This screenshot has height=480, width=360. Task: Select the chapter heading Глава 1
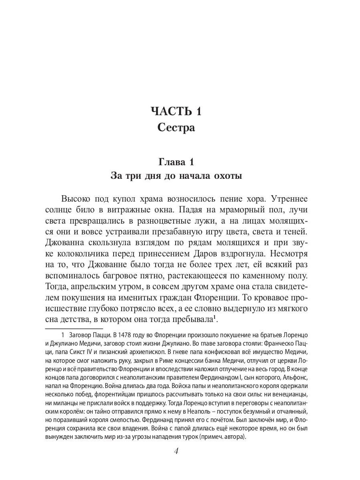coord(176,162)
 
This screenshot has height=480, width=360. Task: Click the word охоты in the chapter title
coord(226,176)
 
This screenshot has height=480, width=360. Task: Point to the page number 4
coord(176,452)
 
